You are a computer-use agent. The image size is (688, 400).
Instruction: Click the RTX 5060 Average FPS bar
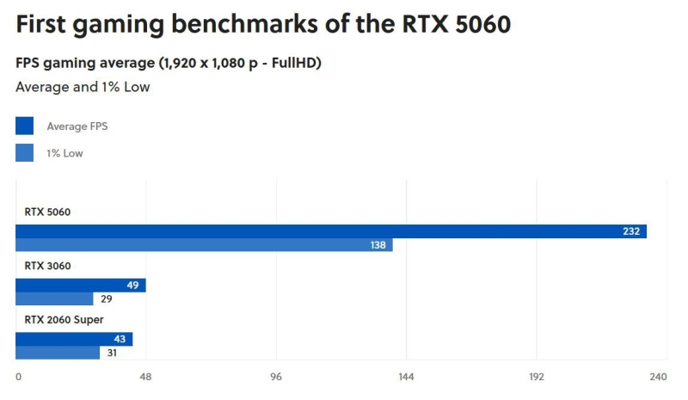click(x=331, y=231)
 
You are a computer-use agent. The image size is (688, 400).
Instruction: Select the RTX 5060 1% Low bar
click(x=204, y=245)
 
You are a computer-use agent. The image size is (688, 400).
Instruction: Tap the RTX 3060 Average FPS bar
click(x=81, y=286)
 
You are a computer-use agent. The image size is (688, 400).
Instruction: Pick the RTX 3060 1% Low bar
click(x=54, y=299)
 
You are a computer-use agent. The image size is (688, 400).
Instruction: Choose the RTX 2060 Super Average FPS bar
click(x=74, y=339)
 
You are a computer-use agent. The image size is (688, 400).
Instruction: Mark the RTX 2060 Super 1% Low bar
click(x=58, y=353)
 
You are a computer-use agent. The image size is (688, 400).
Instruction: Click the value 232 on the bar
click(x=631, y=231)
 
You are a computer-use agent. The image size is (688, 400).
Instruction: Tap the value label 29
click(x=106, y=299)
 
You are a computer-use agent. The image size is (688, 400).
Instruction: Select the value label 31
click(x=112, y=353)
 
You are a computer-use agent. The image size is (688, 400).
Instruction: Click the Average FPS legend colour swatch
click(x=24, y=126)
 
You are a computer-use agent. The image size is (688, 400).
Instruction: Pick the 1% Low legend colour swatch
click(x=24, y=153)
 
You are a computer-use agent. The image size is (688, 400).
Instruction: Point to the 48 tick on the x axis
click(x=145, y=377)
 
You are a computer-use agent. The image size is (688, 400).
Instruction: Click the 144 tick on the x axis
click(x=406, y=377)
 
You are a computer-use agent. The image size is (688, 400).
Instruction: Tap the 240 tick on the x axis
click(x=658, y=377)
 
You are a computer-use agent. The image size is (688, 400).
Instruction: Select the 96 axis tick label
click(x=276, y=377)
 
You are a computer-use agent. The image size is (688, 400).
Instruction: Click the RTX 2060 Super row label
click(x=64, y=320)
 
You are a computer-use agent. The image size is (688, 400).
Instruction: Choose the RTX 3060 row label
click(x=47, y=266)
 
